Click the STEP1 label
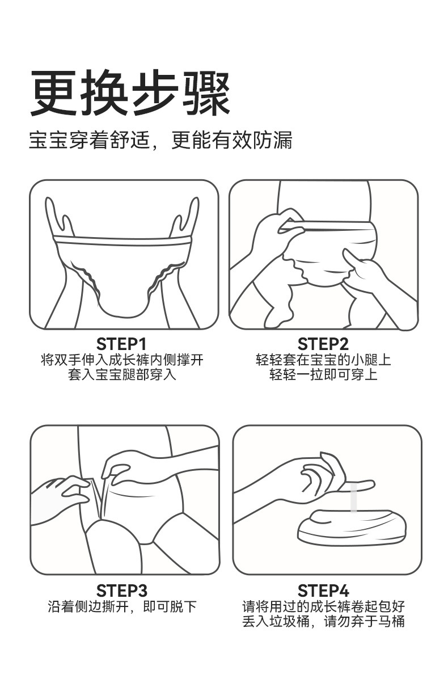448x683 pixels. tap(121, 344)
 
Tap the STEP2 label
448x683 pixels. tap(323, 344)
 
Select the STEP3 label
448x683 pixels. tap(121, 591)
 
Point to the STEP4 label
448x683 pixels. tap(323, 591)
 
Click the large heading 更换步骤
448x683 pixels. tap(130, 92)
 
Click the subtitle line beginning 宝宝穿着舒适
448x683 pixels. tap(160, 140)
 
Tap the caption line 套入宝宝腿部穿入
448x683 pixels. tap(122, 374)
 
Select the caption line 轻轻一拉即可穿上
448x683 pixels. tap(323, 374)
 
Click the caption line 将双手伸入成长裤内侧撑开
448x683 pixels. tap(122, 360)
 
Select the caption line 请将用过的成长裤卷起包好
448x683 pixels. tap(323, 606)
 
